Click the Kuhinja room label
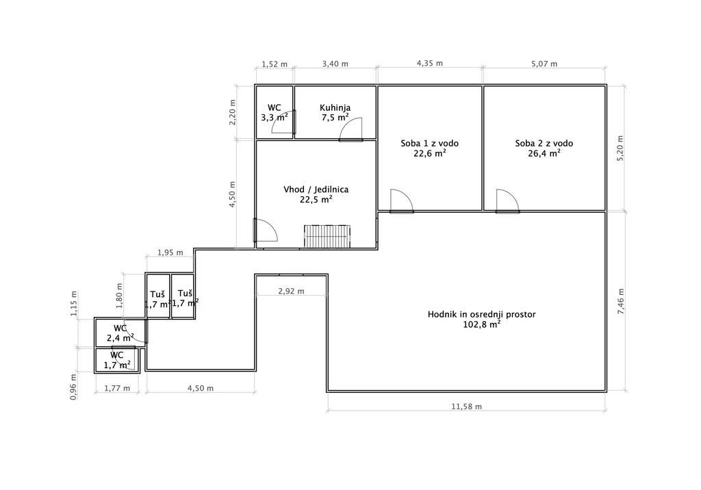pyautogui.click(x=335, y=107)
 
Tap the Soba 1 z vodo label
pyautogui.click(x=430, y=144)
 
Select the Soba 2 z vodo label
pyautogui.click(x=544, y=144)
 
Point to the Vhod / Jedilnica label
pyautogui.click(x=316, y=190)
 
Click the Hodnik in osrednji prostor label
pyautogui.click(x=481, y=314)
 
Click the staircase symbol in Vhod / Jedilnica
pyautogui.click(x=327, y=237)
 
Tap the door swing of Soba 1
pyautogui.click(x=401, y=201)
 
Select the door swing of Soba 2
pyautogui.click(x=507, y=201)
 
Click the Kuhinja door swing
pyautogui.click(x=350, y=129)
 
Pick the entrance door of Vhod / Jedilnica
pyautogui.click(x=266, y=230)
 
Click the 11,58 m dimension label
pyautogui.click(x=466, y=407)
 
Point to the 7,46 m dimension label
pyautogui.click(x=621, y=301)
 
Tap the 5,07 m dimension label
pyautogui.click(x=544, y=64)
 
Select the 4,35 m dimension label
pyautogui.click(x=430, y=64)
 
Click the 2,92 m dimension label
pyautogui.click(x=291, y=292)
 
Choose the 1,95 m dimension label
pyautogui.click(x=170, y=253)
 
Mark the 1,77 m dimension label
pyautogui.click(x=117, y=389)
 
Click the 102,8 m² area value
pyautogui.click(x=481, y=324)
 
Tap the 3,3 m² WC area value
pyautogui.click(x=274, y=118)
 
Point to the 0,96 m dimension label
pyautogui.click(x=74, y=387)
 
